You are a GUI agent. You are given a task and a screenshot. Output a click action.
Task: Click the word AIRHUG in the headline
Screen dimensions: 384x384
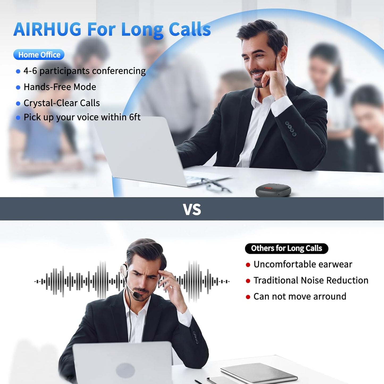[x=47, y=29]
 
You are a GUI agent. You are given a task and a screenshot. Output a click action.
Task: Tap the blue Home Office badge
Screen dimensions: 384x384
[x=39, y=55]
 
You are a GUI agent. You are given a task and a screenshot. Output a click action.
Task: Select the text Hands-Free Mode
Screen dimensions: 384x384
[x=60, y=87]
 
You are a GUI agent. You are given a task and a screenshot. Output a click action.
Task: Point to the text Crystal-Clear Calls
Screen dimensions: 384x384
[x=62, y=103]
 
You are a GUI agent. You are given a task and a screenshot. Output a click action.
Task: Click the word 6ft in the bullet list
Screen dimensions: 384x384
[x=135, y=117]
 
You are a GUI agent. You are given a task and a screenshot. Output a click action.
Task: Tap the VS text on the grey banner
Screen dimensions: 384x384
[x=192, y=209]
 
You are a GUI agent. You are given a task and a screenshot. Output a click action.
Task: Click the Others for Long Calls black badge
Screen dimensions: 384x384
[x=286, y=248]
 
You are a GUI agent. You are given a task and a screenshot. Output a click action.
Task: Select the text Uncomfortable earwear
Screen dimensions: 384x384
[x=303, y=264]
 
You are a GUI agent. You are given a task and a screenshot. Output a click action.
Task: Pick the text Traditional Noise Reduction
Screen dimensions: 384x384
[x=311, y=280]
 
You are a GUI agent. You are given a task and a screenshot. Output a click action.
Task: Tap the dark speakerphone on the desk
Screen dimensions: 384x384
[x=273, y=191]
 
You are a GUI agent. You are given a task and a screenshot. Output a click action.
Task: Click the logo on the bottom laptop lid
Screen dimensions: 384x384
[x=125, y=370]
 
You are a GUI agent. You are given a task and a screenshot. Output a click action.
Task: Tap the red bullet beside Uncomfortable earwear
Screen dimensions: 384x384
[x=248, y=265]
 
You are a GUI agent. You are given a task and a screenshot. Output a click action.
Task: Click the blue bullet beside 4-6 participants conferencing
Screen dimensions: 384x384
[x=18, y=71]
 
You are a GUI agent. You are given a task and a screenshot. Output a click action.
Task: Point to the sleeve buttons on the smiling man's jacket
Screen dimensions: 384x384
[x=290, y=129]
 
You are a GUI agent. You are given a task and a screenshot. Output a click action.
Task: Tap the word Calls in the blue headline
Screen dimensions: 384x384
[x=190, y=29]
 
